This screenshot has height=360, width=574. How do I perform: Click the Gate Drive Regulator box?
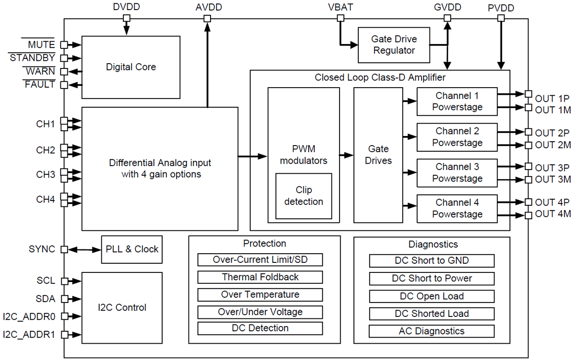coord(394,45)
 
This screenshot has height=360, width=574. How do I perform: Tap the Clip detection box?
coord(303,196)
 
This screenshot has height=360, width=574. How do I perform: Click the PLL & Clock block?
coord(132,249)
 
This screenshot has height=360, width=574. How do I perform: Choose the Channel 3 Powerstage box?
coord(457,173)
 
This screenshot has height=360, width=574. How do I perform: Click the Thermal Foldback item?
coord(260,277)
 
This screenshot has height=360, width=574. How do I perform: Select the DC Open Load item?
coord(431,296)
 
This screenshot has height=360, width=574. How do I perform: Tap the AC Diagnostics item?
coord(431,331)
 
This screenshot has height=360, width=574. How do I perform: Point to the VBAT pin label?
coord(340,8)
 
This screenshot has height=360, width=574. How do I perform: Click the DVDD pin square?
coord(127,18)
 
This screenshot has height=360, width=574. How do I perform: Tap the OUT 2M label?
coord(553,145)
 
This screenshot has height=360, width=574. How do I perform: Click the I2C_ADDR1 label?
coord(29,334)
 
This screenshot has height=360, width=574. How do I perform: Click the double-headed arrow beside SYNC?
coord(84,249)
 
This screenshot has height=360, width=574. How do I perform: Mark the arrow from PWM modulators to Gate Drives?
coord(346,155)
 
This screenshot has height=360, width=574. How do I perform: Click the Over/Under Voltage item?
coord(260,312)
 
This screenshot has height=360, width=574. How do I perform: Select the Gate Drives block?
coord(378,155)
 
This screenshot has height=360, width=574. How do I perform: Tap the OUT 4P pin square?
coord(528,202)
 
